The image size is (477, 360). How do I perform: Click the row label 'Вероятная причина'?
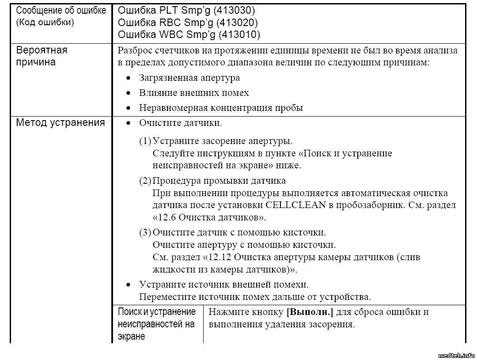pyautogui.click(x=42, y=56)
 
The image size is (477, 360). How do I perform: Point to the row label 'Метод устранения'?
pyautogui.click(x=61, y=123)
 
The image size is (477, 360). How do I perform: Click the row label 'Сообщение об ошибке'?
pyautogui.click(x=61, y=11)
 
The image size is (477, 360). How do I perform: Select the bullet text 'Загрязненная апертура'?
pyautogui.click(x=189, y=78)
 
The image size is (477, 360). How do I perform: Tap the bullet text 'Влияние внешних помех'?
pyautogui.click(x=194, y=93)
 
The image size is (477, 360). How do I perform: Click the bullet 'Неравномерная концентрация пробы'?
pyautogui.click(x=221, y=108)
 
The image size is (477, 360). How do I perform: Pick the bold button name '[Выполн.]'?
pyautogui.click(x=310, y=312)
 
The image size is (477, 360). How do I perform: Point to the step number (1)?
pyautogui.click(x=145, y=141)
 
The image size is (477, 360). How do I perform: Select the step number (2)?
pyautogui.click(x=145, y=181)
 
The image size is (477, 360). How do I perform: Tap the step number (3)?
pyautogui.click(x=145, y=232)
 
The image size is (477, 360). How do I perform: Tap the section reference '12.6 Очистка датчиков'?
pyautogui.click(x=209, y=218)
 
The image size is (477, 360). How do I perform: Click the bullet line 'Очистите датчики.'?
pyautogui.click(x=180, y=123)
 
